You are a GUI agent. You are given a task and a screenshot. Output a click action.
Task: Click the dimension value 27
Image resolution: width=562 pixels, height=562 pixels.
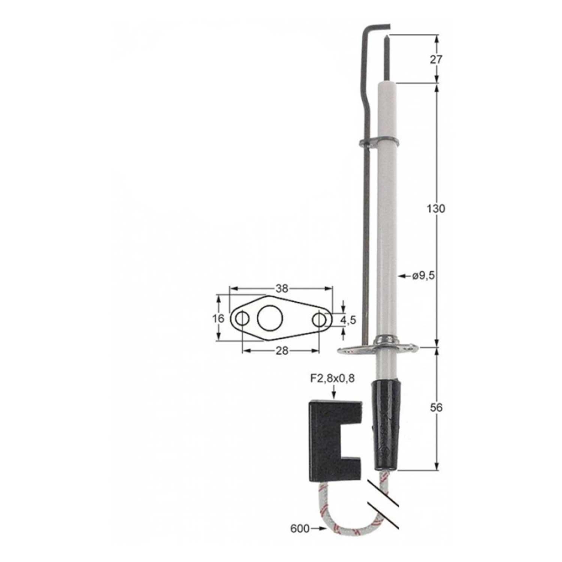pyautogui.click(x=436, y=59)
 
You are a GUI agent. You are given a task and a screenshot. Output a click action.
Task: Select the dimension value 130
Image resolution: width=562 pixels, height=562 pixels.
pyautogui.click(x=436, y=209)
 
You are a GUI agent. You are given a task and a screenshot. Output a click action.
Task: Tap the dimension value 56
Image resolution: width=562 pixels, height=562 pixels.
pyautogui.click(x=436, y=407)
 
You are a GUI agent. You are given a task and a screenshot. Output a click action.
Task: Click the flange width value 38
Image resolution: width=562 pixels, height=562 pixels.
pyautogui.click(x=282, y=288)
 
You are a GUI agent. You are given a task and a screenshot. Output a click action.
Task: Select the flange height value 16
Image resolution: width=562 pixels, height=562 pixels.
pyautogui.click(x=218, y=318)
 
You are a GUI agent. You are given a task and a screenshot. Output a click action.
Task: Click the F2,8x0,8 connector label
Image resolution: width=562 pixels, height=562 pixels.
pyautogui.click(x=332, y=378)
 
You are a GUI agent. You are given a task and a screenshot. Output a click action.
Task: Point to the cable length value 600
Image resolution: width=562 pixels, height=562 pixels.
pyautogui.click(x=300, y=529)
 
